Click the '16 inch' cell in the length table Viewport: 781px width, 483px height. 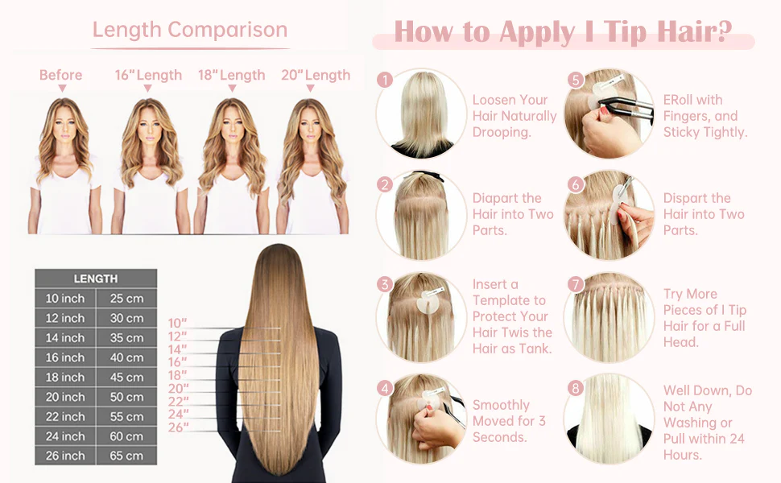(x=65, y=357)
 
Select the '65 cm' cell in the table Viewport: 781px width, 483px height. (x=126, y=456)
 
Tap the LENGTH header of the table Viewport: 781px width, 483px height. (x=96, y=279)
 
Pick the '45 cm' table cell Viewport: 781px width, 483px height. (x=126, y=377)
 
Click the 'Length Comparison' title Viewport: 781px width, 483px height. (x=190, y=29)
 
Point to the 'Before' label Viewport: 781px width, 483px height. (x=60, y=75)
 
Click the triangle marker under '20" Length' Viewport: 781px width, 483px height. (x=310, y=88)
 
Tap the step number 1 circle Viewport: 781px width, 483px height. (x=385, y=80)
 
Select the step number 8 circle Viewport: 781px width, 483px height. (x=576, y=388)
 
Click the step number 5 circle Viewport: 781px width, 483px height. (x=576, y=80)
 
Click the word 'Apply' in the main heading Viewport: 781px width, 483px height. (x=537, y=32)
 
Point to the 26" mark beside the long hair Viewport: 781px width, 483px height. (x=178, y=427)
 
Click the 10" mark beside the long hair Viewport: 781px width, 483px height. (x=177, y=323)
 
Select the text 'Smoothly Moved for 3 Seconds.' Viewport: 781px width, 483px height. (x=509, y=421)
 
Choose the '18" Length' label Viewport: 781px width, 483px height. (x=232, y=75)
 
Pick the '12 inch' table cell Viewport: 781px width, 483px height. (x=65, y=318)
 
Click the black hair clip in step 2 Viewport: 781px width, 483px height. (x=424, y=175)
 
